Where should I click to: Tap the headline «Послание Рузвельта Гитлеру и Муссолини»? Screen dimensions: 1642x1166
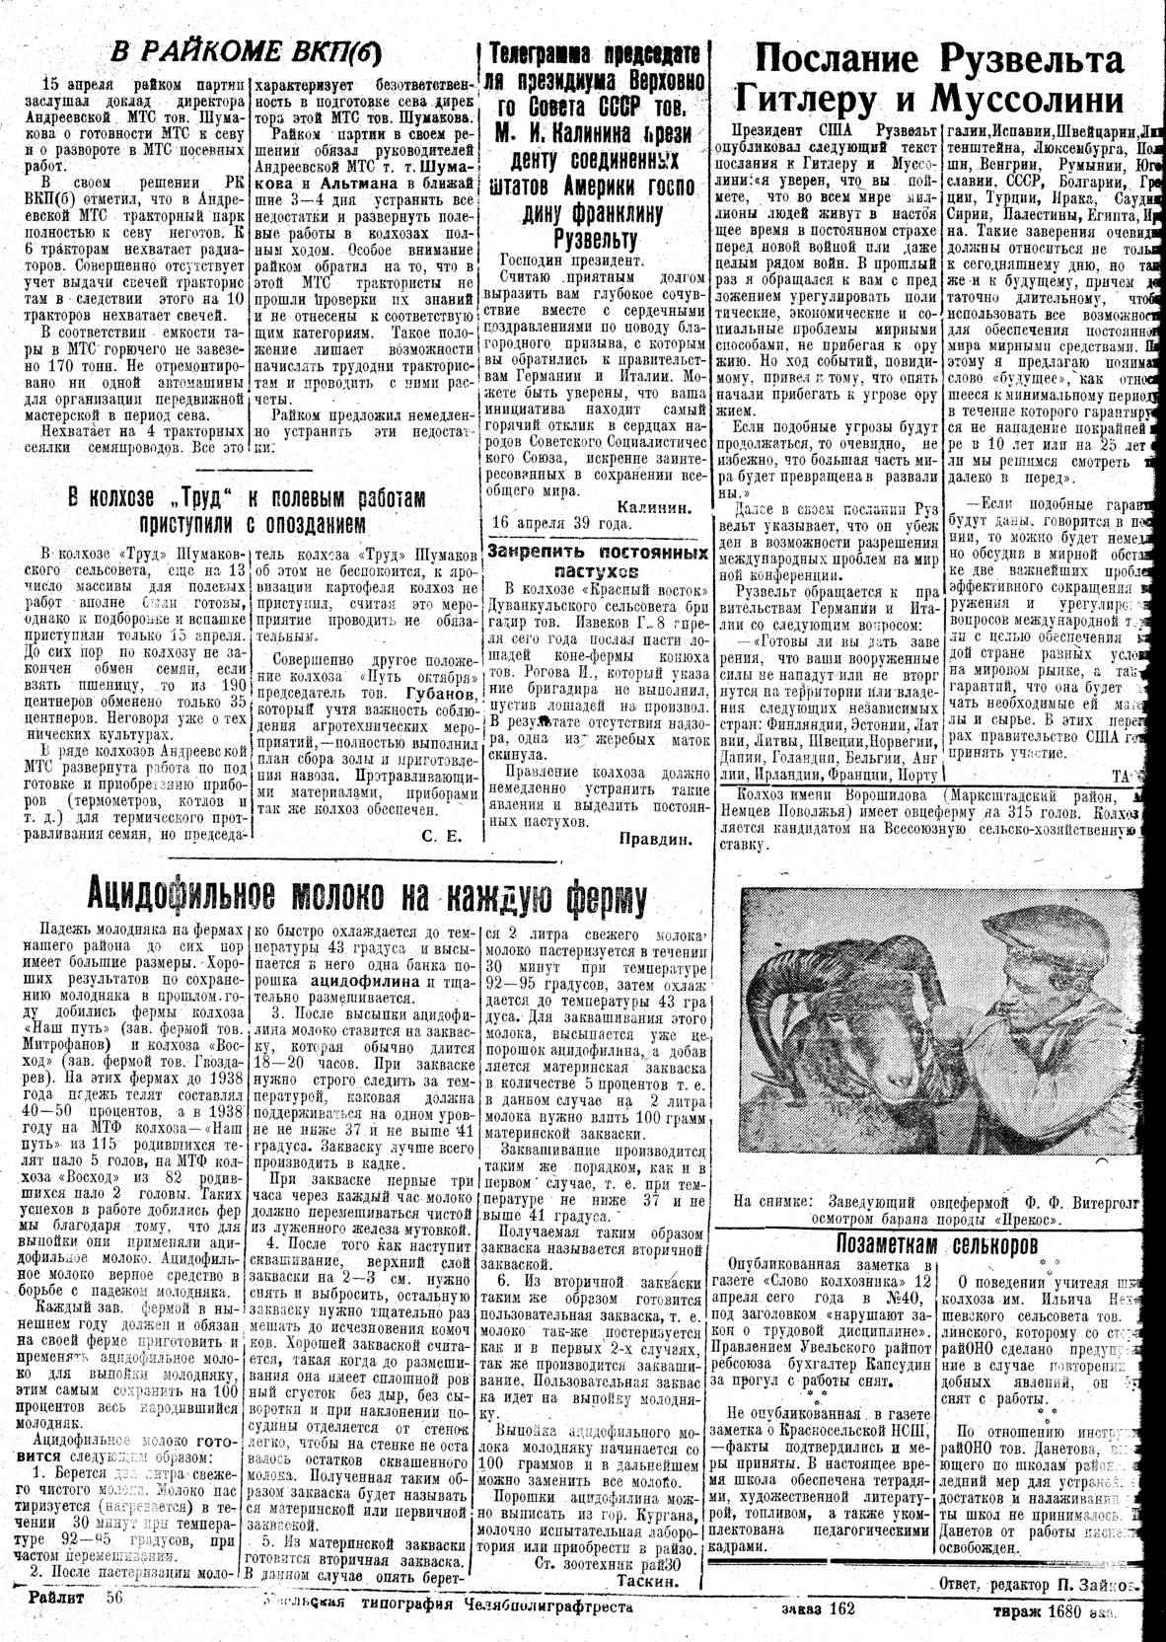(936, 79)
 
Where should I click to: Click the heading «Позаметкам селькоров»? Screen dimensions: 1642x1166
(935, 1242)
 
